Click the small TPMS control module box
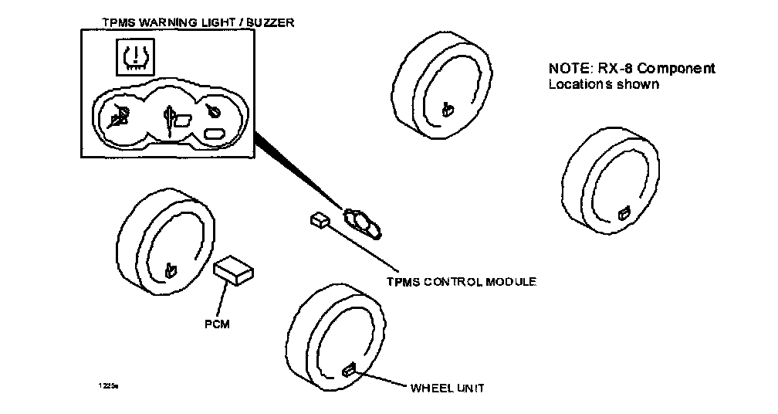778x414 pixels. tap(319, 221)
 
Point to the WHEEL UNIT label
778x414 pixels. tap(448, 388)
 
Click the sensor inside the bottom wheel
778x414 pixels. tap(348, 369)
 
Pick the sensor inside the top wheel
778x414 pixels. tap(445, 110)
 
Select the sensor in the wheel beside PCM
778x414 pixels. tap(171, 270)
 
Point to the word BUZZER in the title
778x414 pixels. tap(269, 23)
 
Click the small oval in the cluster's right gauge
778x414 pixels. tap(214, 134)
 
